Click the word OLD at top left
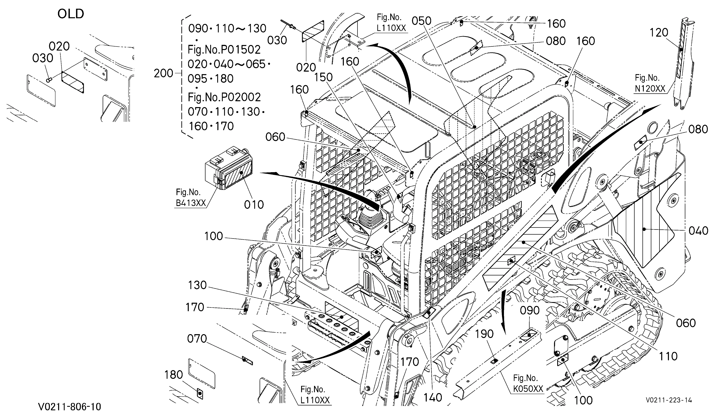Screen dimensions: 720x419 click(x=71, y=14)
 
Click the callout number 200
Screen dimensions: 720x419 click(x=163, y=73)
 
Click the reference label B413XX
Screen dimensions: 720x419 click(x=191, y=203)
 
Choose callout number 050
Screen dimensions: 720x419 click(x=421, y=21)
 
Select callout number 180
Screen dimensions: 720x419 click(x=174, y=374)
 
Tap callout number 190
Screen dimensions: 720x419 click(x=484, y=334)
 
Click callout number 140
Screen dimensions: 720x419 click(x=433, y=397)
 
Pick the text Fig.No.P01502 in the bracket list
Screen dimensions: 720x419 click(x=224, y=50)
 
